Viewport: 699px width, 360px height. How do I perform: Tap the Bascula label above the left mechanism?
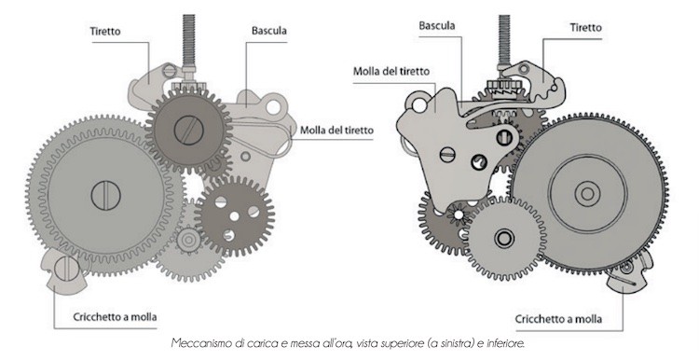(268, 30)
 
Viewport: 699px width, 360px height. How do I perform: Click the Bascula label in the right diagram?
(436, 25)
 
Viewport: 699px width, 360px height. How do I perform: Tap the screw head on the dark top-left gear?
(190, 124)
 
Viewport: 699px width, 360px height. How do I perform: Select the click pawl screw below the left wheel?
(64, 270)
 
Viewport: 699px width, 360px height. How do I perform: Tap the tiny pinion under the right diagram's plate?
(459, 215)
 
